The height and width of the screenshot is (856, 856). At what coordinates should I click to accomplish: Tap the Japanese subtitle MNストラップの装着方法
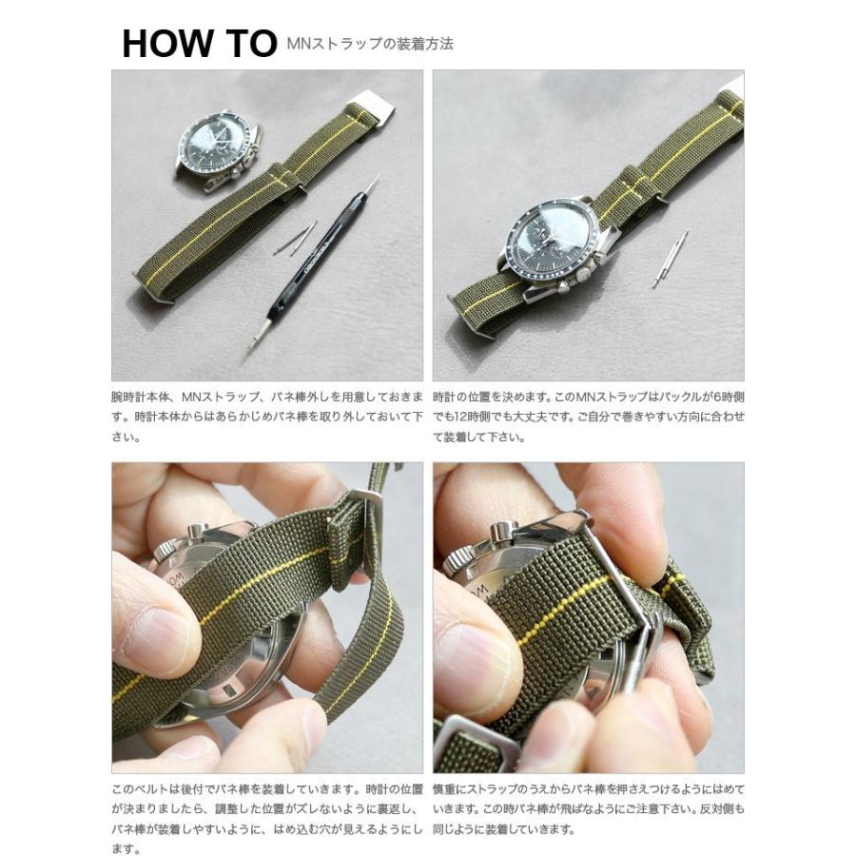[x=369, y=44]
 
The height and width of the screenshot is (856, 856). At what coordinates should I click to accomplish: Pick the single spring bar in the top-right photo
[x=671, y=259]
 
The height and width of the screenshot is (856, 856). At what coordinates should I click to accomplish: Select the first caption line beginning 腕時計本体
[x=266, y=394]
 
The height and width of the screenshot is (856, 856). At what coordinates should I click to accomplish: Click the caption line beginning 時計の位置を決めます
[x=588, y=394]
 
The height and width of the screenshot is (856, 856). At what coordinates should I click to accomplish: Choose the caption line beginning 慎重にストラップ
[x=588, y=789]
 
